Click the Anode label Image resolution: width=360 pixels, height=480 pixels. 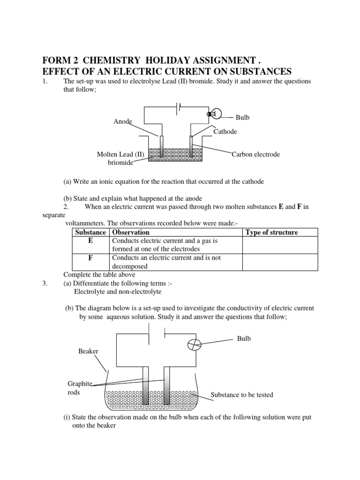point(123,121)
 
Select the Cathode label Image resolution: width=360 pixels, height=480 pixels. point(225,132)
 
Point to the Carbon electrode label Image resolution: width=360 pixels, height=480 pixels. point(256,154)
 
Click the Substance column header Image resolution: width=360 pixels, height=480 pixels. point(91,232)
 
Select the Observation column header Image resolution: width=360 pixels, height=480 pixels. point(130,232)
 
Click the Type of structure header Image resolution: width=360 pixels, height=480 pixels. point(271,232)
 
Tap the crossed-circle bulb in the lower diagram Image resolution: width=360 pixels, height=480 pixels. point(194,345)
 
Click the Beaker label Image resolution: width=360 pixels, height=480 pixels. point(89,351)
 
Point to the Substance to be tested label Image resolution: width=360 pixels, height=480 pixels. point(241,395)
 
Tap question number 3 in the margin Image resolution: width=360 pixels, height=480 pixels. point(45,284)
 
